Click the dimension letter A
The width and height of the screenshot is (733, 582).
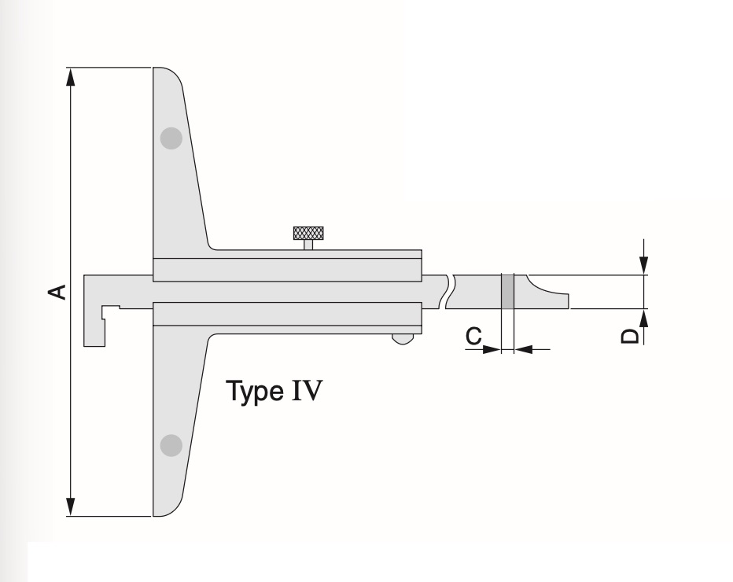(x=56, y=292)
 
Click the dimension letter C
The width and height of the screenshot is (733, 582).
(x=473, y=336)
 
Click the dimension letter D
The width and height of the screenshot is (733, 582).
(x=630, y=336)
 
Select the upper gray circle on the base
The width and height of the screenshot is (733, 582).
(x=171, y=139)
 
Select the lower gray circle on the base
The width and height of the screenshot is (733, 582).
(x=171, y=445)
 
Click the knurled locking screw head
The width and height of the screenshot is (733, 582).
(x=308, y=233)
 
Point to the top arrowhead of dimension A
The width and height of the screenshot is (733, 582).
(x=71, y=76)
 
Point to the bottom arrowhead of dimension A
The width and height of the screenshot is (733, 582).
(x=71, y=507)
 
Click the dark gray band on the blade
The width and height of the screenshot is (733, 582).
(x=507, y=292)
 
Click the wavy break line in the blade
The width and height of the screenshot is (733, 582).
(x=448, y=292)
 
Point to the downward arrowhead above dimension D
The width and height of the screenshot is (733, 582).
(x=644, y=267)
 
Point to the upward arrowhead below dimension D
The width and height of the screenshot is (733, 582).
(x=644, y=318)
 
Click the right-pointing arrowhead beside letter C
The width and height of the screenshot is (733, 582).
(x=493, y=348)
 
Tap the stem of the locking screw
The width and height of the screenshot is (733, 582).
(x=308, y=245)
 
